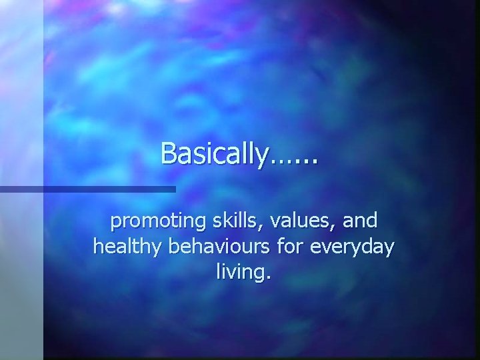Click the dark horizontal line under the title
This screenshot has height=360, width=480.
point(87,189)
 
